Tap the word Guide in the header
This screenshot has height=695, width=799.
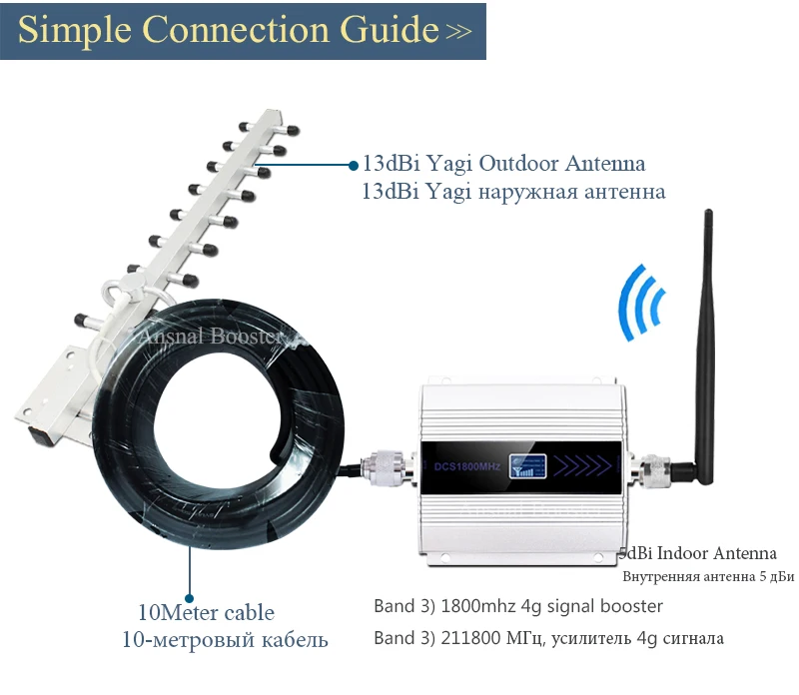pos(385,30)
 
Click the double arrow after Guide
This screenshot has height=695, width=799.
pos(458,32)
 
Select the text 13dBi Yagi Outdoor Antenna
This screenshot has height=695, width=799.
pos(503,164)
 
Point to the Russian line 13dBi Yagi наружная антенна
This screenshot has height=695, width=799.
pos(513,190)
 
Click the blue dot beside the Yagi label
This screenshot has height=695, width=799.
pos(352,164)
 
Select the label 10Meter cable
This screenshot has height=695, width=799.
pos(206,612)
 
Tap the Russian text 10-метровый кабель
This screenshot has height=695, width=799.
pos(225,638)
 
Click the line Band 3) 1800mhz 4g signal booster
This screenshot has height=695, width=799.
pos(517,606)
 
